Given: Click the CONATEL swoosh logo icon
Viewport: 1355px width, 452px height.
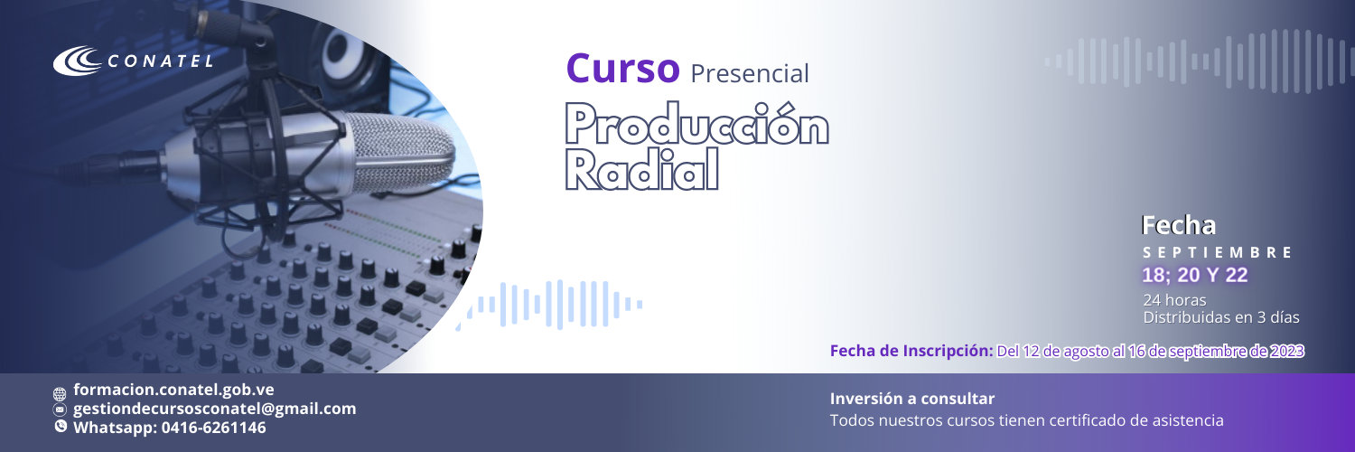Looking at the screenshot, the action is pyautogui.click(x=78, y=61).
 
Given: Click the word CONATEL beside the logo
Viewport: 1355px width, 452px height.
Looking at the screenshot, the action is pyautogui.click(x=160, y=61).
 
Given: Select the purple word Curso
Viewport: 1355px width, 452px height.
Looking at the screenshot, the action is pyautogui.click(x=623, y=69).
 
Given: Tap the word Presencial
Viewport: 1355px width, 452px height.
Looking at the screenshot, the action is pyautogui.click(x=750, y=74).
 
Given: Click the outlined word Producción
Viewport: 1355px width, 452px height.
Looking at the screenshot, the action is pyautogui.click(x=696, y=124).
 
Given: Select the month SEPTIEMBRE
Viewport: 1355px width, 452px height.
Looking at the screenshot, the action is pyautogui.click(x=1217, y=252).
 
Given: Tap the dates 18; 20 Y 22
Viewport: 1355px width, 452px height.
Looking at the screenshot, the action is pyautogui.click(x=1195, y=276).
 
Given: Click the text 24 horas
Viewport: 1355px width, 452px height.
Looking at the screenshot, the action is pyautogui.click(x=1174, y=300).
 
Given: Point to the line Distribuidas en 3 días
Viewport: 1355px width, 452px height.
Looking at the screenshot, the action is pyautogui.click(x=1221, y=317).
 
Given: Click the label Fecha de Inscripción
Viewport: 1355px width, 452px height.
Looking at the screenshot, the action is pyautogui.click(x=911, y=351).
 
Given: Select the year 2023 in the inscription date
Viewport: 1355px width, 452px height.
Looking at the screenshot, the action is pyautogui.click(x=1286, y=352).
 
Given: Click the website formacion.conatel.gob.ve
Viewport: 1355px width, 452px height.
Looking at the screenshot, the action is pyautogui.click(x=173, y=390).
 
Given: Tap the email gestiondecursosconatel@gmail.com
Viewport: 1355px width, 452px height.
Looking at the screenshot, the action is pyautogui.click(x=215, y=409).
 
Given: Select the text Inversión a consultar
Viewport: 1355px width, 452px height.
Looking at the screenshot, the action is pyautogui.click(x=912, y=399).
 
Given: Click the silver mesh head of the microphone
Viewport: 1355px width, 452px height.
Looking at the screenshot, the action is pyautogui.click(x=399, y=154).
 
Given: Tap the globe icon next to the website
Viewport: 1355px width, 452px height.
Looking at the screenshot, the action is pyautogui.click(x=60, y=394).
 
